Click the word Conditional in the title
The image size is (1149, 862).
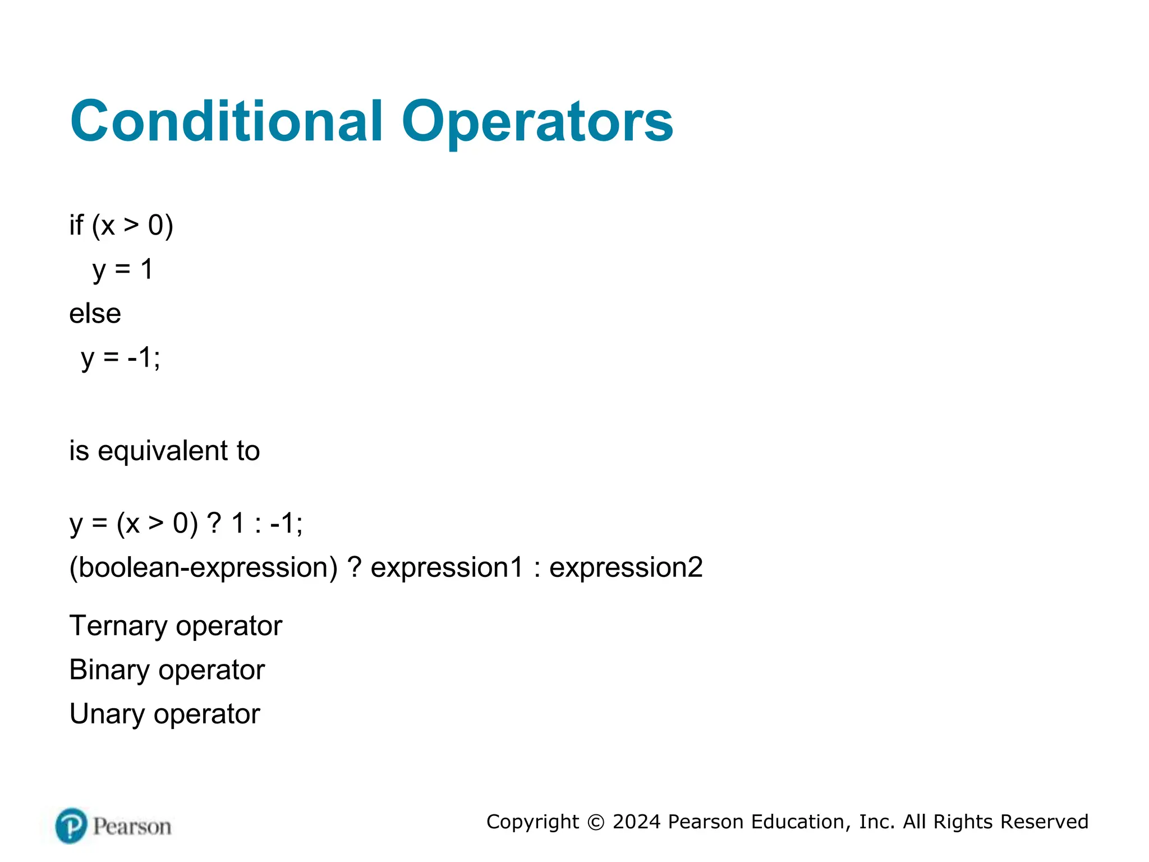(227, 121)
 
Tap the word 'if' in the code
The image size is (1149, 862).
(76, 225)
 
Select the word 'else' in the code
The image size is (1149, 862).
(95, 313)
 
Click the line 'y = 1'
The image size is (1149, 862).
(122, 269)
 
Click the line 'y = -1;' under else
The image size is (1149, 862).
(120, 357)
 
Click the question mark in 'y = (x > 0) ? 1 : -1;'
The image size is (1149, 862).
(214, 523)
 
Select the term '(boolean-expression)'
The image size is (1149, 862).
(203, 567)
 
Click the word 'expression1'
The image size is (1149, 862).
(447, 567)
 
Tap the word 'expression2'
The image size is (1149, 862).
(626, 567)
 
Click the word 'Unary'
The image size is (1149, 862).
(107, 714)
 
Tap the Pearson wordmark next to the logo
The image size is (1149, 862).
(132, 827)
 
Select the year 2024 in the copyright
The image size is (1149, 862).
(636, 822)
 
